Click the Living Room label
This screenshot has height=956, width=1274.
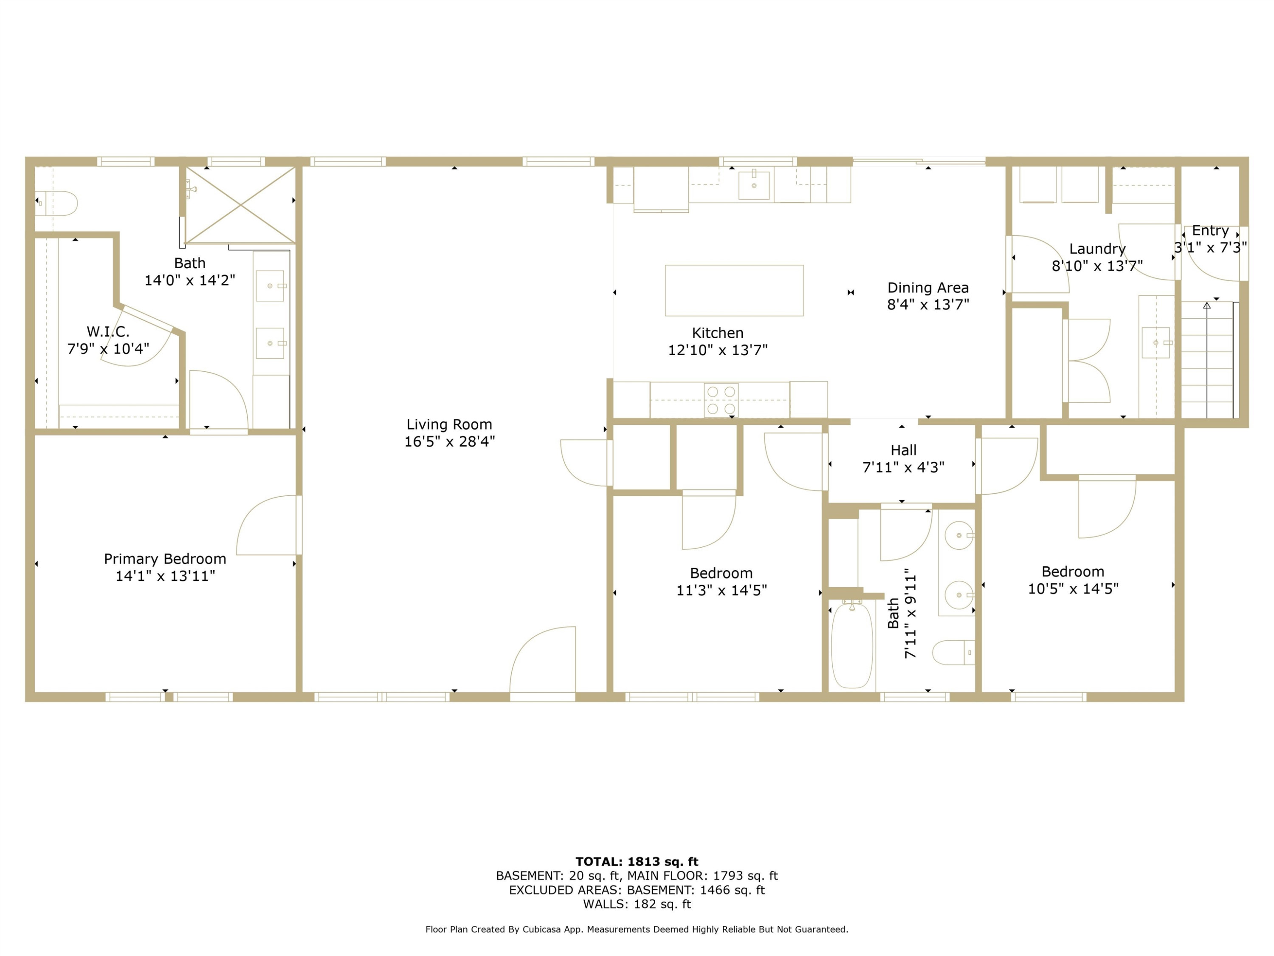449,425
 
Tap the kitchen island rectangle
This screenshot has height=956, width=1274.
734,291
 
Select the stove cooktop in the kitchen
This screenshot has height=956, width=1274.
721,400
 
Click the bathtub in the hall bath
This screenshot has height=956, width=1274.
852,645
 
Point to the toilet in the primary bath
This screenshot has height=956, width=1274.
56,204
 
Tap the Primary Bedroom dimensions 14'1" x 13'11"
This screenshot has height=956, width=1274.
165,576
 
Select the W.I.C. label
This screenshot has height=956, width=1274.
108,331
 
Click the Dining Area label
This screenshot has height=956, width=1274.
928,288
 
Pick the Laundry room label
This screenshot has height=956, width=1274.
1097,249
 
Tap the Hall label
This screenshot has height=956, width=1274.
903,450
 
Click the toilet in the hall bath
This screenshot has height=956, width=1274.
953,652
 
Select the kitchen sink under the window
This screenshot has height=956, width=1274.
754,184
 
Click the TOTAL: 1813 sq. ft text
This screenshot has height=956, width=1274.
637,862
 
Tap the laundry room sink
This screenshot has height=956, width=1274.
1156,343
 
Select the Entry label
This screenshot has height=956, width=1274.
1210,230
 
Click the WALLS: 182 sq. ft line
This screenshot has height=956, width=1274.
637,904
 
